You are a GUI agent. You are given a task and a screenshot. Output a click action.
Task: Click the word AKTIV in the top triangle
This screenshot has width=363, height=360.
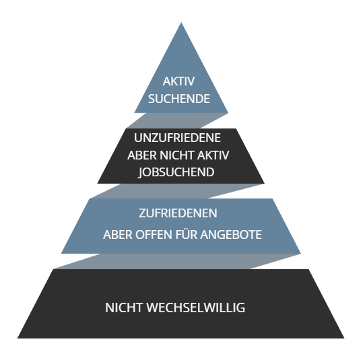(x=178, y=81)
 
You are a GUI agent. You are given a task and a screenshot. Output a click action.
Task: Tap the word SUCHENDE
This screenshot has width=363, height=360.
(x=179, y=99)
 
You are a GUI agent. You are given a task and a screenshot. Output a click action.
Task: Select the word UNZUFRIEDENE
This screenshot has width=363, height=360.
(x=177, y=138)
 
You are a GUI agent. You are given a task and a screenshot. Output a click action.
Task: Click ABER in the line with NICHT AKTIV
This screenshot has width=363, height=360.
(x=142, y=155)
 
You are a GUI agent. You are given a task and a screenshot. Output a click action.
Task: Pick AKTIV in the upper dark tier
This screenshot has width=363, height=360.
(x=213, y=155)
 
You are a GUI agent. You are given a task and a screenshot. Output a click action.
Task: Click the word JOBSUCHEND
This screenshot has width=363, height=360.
(x=176, y=172)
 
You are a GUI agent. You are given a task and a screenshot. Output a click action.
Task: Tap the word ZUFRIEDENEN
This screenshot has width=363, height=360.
(x=178, y=213)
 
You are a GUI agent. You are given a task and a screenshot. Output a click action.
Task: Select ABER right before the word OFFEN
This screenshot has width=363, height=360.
(x=118, y=235)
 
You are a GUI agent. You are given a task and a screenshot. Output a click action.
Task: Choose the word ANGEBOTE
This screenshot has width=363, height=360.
(x=231, y=235)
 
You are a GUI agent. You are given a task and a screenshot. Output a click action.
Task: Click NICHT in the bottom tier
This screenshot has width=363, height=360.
(x=124, y=308)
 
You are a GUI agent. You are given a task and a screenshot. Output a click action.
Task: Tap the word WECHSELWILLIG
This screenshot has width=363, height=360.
(x=195, y=308)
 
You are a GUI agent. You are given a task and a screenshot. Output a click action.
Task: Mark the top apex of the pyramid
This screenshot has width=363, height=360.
(x=181, y=22)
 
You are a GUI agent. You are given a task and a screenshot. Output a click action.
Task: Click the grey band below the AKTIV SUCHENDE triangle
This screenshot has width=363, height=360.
(x=177, y=120)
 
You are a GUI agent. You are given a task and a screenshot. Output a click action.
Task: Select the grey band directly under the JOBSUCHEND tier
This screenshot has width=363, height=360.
(x=177, y=191)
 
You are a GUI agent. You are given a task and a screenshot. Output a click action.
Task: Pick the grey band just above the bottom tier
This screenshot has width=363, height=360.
(x=177, y=262)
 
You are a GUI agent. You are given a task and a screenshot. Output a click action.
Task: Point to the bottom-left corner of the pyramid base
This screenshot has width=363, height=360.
(x=18, y=338)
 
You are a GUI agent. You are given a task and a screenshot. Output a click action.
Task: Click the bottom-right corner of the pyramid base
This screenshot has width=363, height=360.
(x=344, y=338)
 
